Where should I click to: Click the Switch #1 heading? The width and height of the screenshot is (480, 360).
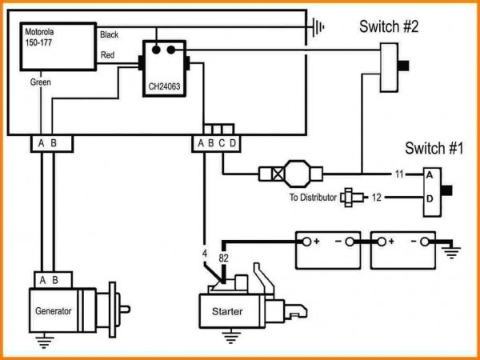(x=434, y=148)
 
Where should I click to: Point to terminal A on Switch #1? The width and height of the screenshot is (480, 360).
(x=430, y=174)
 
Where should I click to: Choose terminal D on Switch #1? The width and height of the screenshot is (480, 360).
(x=430, y=197)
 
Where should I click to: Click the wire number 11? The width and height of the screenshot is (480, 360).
(x=398, y=174)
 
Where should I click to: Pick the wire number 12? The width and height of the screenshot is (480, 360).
(x=398, y=197)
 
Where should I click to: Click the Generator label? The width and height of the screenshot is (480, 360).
(x=53, y=310)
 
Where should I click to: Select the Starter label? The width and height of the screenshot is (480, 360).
(x=226, y=310)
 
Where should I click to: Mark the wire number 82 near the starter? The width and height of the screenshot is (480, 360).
(x=224, y=257)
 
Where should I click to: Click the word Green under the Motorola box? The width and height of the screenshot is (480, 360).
(x=41, y=82)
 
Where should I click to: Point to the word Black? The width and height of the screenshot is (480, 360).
(x=110, y=35)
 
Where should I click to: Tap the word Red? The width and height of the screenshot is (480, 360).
(x=106, y=55)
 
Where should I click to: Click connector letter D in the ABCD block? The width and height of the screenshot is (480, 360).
(x=232, y=144)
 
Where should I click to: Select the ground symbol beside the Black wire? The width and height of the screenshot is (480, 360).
(x=320, y=26)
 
